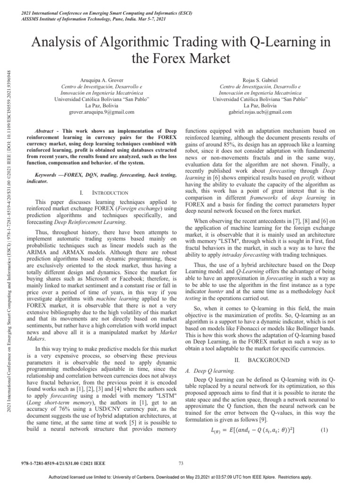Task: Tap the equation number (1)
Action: pos(324,430)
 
